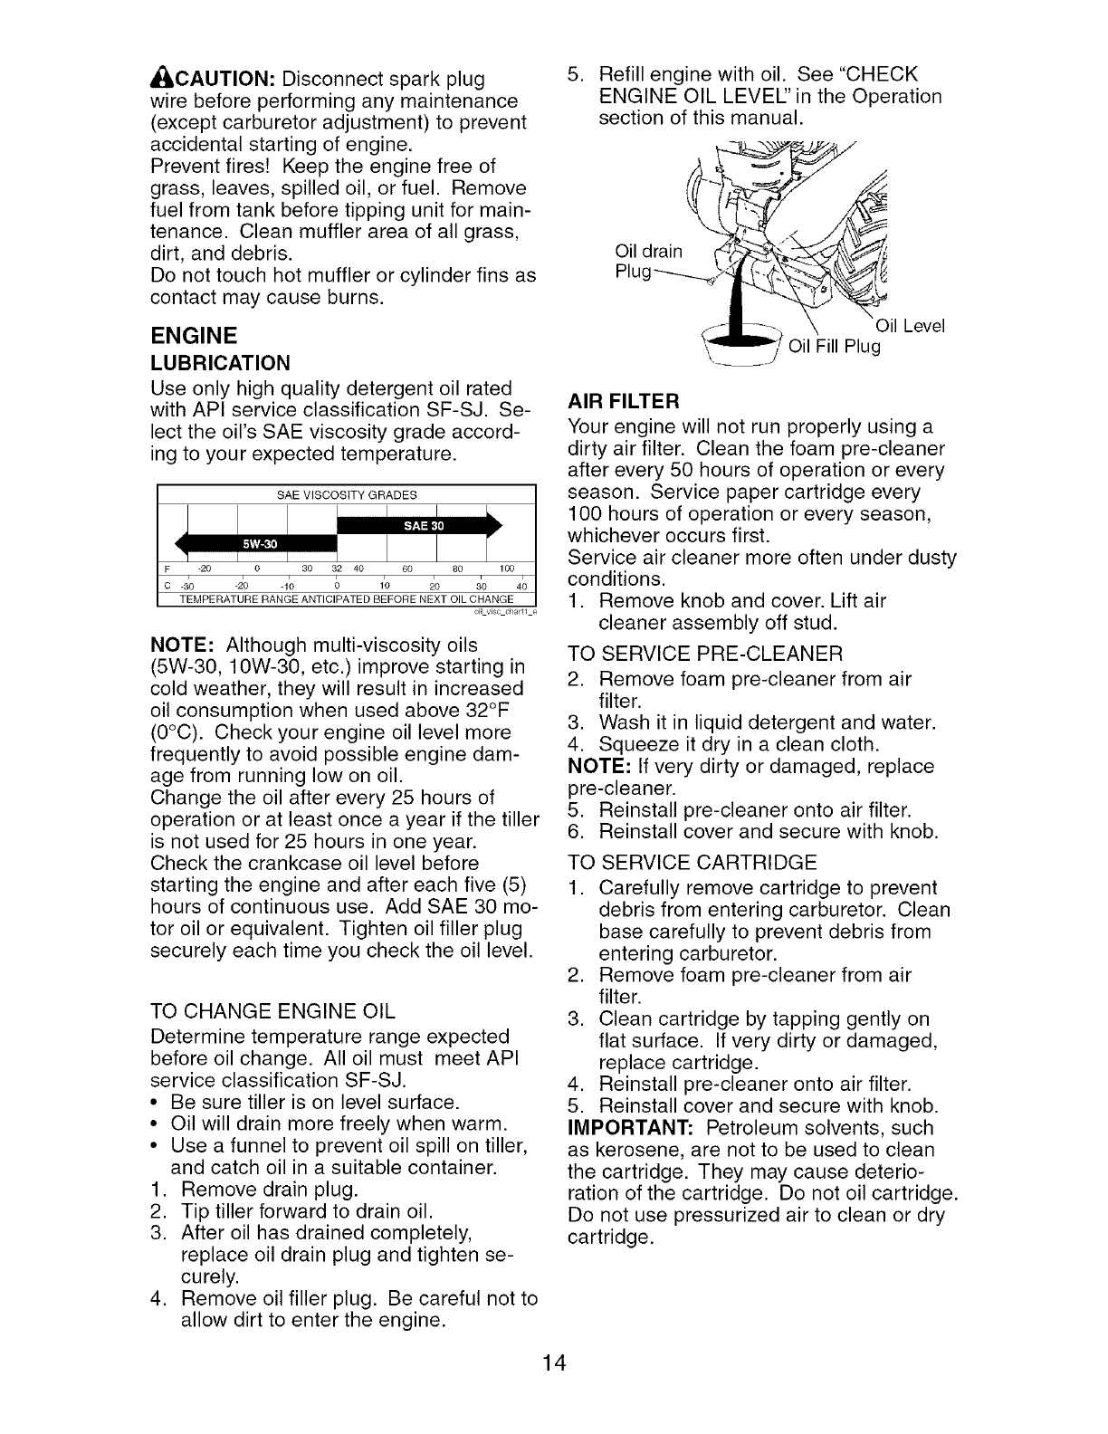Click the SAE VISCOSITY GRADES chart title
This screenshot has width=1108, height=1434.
347,495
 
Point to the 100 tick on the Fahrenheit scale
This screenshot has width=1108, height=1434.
506,569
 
